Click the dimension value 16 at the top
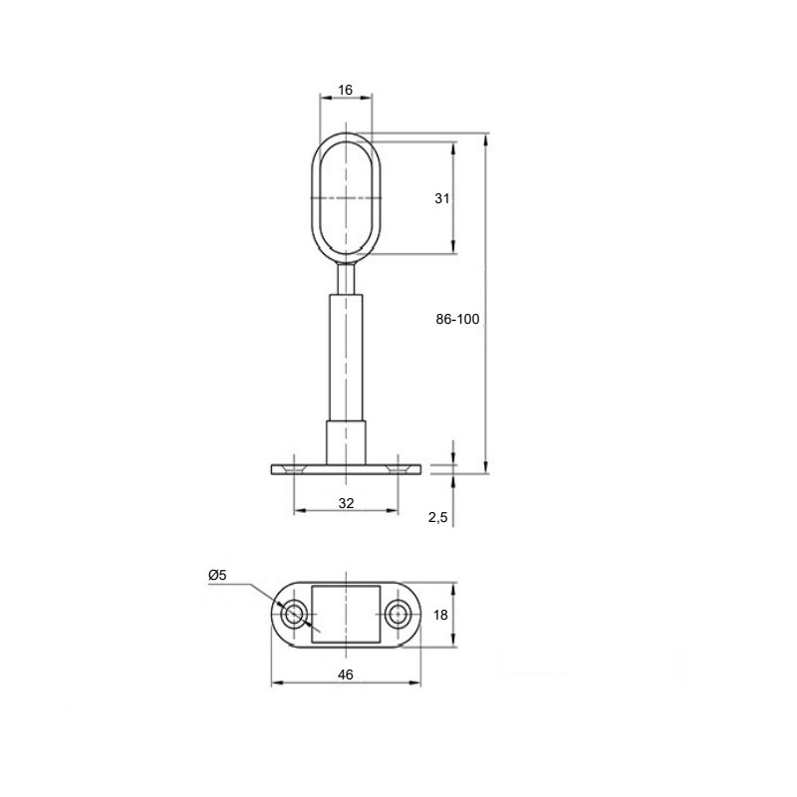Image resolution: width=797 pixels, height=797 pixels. coord(345,90)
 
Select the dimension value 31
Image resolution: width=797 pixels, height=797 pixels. coord(442,198)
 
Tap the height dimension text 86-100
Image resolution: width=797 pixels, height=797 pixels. coord(457,319)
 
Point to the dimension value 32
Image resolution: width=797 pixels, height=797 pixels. coord(346,503)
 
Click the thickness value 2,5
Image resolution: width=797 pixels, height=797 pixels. coord(437,517)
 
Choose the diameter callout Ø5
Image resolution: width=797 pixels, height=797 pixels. coord(217,575)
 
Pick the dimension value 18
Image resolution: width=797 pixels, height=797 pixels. coord(440,615)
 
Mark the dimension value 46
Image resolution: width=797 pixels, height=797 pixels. coord(345,674)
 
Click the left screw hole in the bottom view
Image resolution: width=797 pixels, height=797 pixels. coord(293,615)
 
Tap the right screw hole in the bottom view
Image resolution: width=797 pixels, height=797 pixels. coord(397,615)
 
